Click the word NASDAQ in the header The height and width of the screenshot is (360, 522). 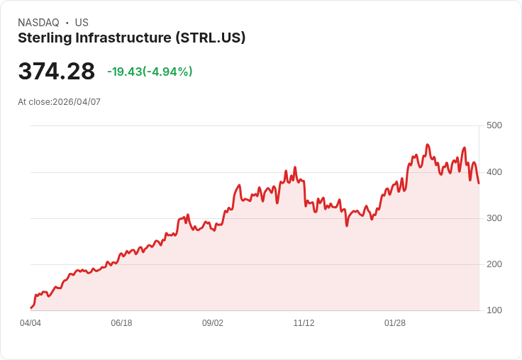pyautogui.click(x=38, y=23)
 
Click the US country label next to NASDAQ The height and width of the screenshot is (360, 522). pyautogui.click(x=82, y=23)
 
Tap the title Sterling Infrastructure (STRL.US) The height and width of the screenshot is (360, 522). pyautogui.click(x=132, y=38)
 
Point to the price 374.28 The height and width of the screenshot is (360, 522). pyautogui.click(x=57, y=72)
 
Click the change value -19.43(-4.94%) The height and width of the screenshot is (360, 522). pyautogui.click(x=150, y=72)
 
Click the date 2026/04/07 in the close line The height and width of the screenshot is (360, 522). pyautogui.click(x=77, y=102)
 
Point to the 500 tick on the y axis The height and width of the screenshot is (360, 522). pyautogui.click(x=494, y=125)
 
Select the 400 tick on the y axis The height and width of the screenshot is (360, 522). pyautogui.click(x=494, y=172)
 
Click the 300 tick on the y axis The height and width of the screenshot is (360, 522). pyautogui.click(x=494, y=218)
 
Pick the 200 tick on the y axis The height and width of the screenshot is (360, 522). pyautogui.click(x=494, y=264)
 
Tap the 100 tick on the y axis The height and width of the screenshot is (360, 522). pyautogui.click(x=494, y=310)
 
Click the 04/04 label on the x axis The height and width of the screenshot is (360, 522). pyautogui.click(x=30, y=323)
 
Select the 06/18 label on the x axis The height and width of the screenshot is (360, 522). pyautogui.click(x=121, y=323)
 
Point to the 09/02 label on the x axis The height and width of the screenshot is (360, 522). pyautogui.click(x=213, y=323)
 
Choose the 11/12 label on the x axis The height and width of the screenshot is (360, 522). pyautogui.click(x=304, y=323)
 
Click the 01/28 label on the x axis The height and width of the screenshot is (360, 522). pyautogui.click(x=395, y=323)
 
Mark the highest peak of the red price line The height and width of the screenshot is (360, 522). pyautogui.click(x=427, y=145)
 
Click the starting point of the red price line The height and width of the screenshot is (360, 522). pyautogui.click(x=30, y=308)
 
